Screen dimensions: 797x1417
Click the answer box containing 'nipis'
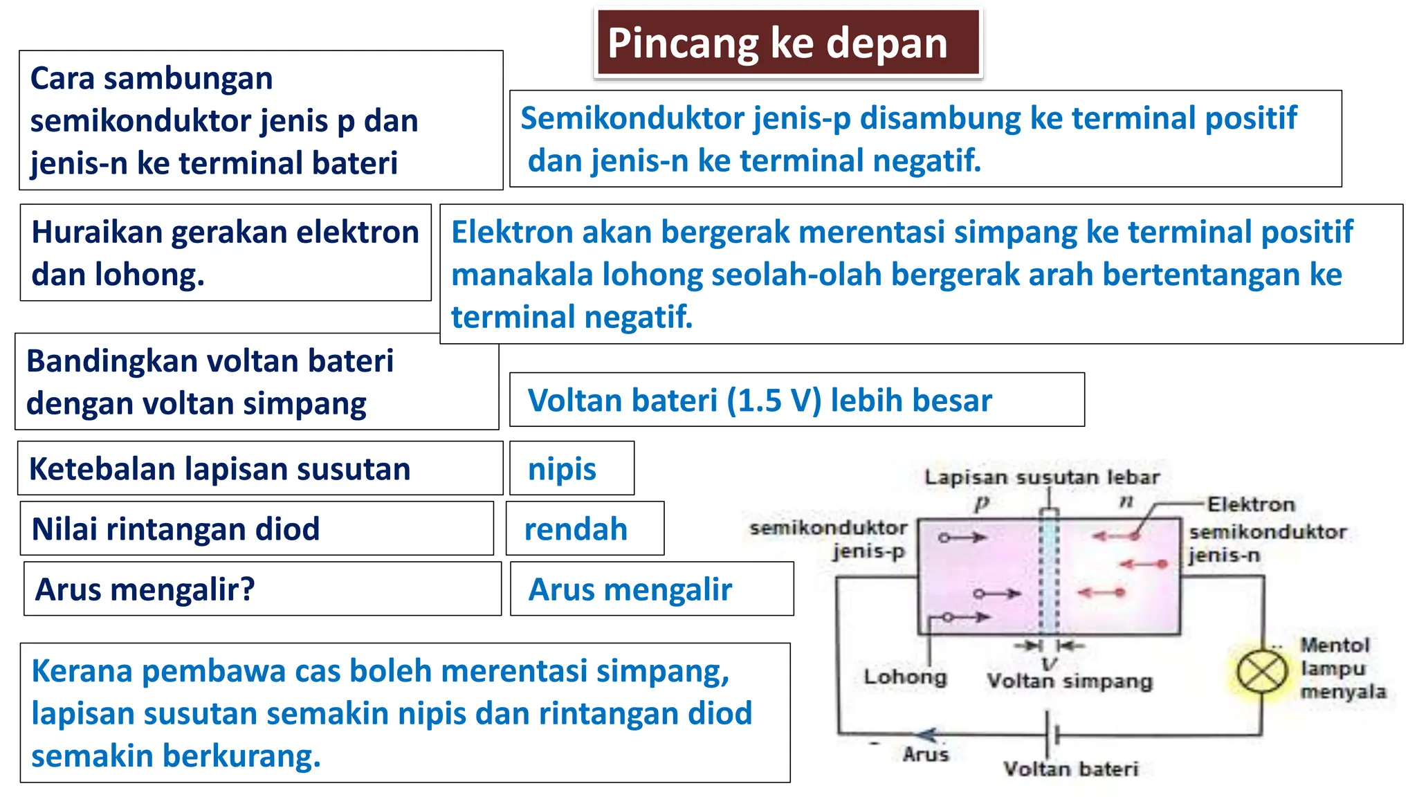click(571, 468)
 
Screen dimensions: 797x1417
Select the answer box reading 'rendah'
click(584, 529)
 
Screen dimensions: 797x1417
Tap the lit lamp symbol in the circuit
click(1261, 672)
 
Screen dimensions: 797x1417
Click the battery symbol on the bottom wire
click(1052, 735)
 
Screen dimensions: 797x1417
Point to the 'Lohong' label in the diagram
click(905, 677)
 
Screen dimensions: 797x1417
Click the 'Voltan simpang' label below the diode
click(1070, 681)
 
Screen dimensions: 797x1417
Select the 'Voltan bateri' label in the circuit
click(1070, 769)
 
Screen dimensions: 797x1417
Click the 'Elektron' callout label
click(1251, 504)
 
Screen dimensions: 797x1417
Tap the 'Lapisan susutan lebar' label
click(1042, 477)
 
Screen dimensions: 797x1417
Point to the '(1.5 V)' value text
click(774, 401)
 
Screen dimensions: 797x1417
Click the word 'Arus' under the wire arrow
click(925, 754)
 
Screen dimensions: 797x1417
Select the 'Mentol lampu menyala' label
click(1342, 668)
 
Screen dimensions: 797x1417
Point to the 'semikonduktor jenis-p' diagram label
click(830, 539)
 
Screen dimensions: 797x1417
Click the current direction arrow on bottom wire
click(927, 735)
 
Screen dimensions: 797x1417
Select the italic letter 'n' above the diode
click(1126, 501)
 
